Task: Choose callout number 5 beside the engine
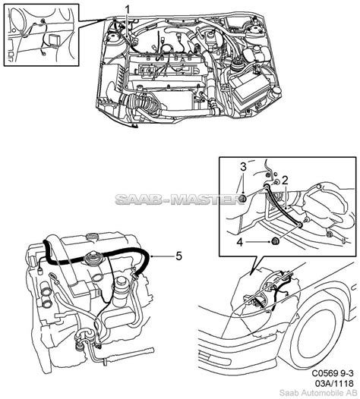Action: (x=178, y=256)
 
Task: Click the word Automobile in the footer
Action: (x=322, y=393)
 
